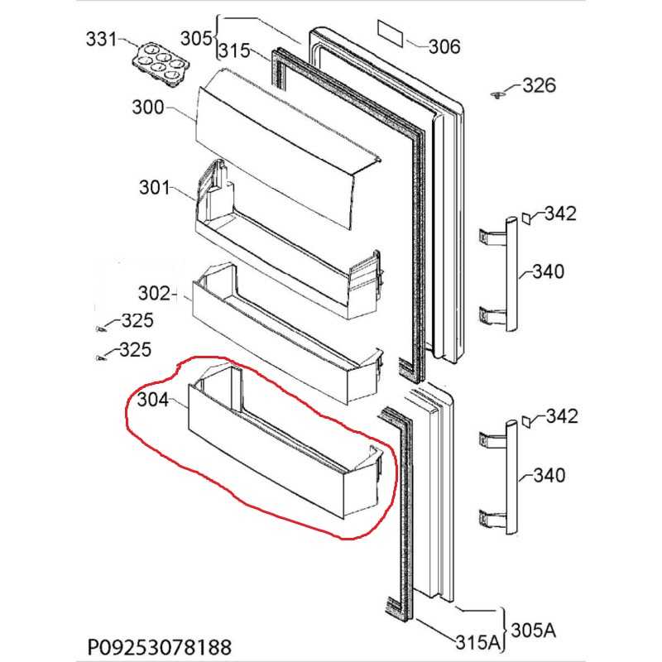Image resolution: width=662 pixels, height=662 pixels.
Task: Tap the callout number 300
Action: (147, 108)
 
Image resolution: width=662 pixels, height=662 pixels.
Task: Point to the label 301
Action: (153, 188)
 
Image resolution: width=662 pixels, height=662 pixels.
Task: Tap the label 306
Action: (444, 46)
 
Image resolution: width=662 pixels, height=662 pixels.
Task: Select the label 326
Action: (539, 86)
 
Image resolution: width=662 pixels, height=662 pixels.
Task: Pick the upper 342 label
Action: (559, 213)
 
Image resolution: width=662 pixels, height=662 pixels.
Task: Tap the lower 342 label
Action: (559, 415)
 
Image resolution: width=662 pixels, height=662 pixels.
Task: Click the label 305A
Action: (533, 629)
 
